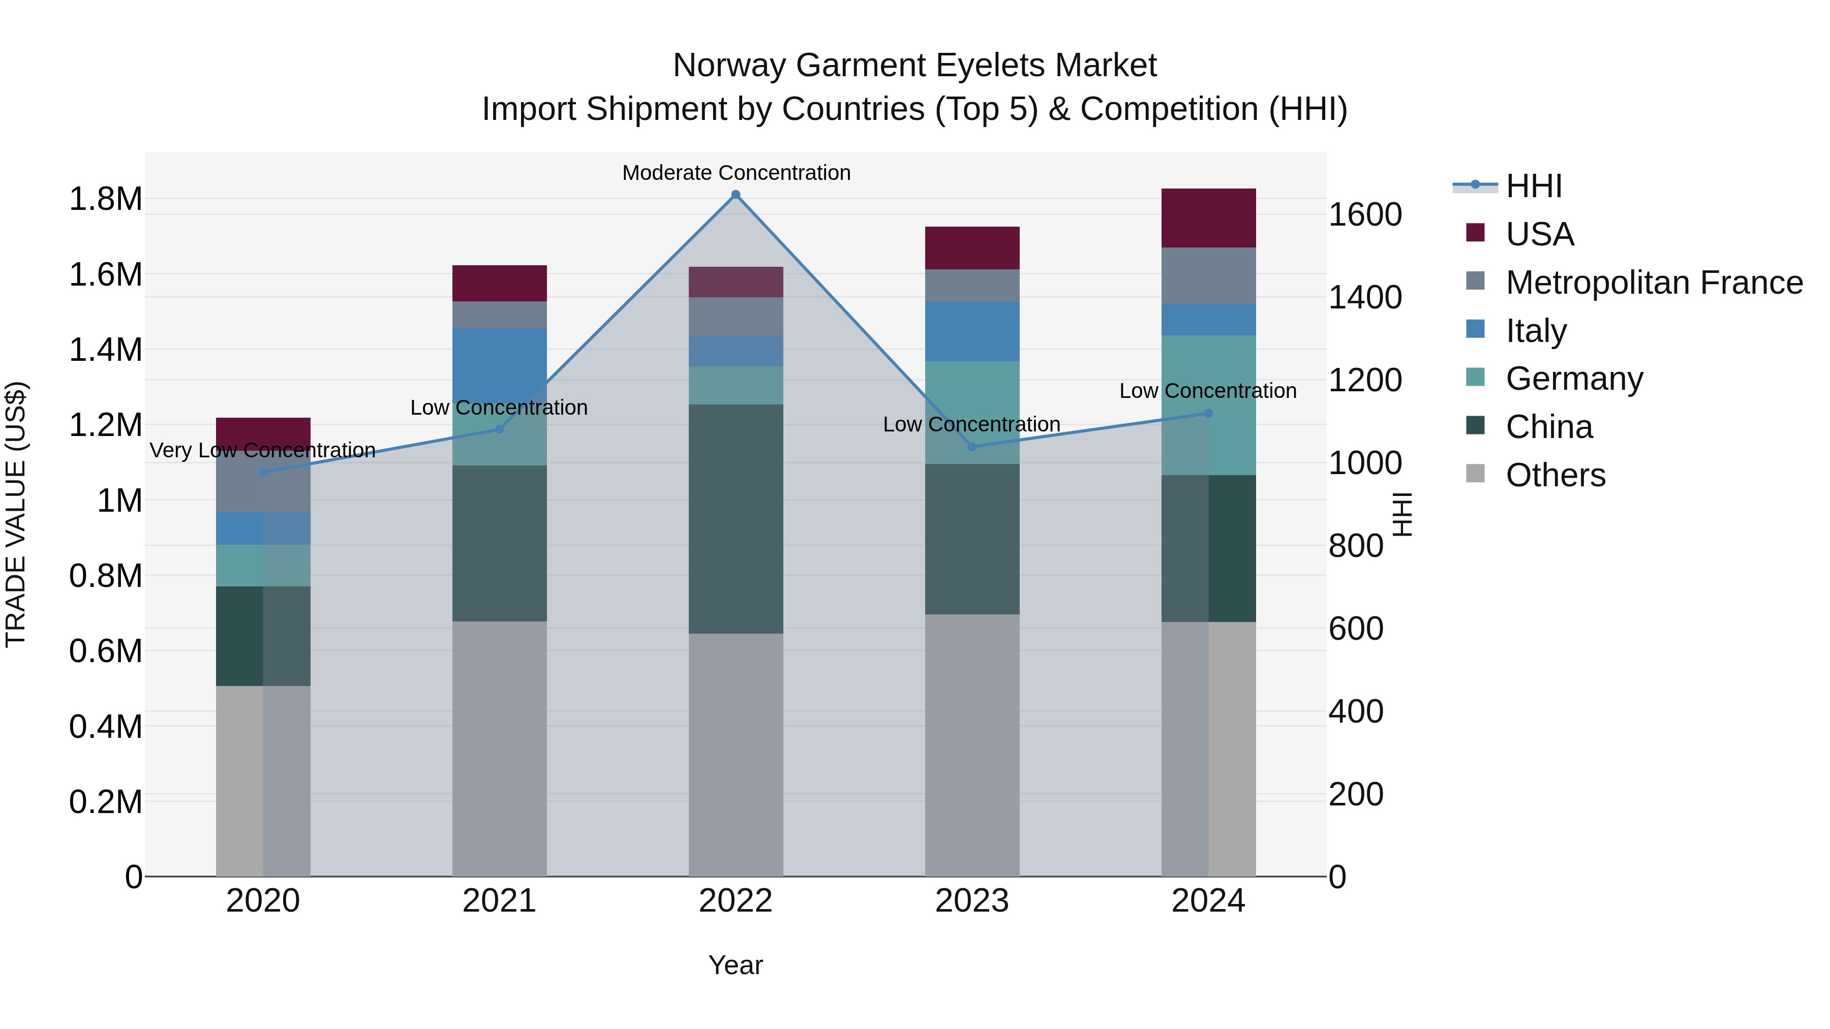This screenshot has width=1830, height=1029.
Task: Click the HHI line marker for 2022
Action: tap(735, 195)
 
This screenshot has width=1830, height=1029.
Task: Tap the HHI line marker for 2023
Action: tap(972, 447)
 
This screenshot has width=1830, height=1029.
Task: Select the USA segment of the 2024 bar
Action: tap(1208, 218)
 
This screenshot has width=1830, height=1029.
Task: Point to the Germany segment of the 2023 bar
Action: tap(972, 412)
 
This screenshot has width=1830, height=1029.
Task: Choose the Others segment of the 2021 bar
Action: tap(499, 749)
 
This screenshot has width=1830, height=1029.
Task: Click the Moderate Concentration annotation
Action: tap(736, 173)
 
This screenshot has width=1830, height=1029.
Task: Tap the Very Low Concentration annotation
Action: tap(262, 450)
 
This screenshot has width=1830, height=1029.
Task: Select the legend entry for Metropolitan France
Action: tap(1654, 283)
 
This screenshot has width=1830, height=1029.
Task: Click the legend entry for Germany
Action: tap(1574, 379)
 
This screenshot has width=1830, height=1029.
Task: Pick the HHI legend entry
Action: tap(1533, 186)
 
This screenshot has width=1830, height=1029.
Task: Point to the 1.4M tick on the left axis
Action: tap(105, 350)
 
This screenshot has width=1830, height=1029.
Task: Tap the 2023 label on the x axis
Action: tap(972, 901)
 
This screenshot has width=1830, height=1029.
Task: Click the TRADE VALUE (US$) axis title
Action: tap(16, 514)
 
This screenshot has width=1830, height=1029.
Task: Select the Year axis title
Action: tap(735, 965)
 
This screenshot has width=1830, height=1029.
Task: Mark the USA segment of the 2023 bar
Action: tap(972, 248)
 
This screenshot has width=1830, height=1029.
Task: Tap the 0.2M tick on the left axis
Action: tap(105, 802)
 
